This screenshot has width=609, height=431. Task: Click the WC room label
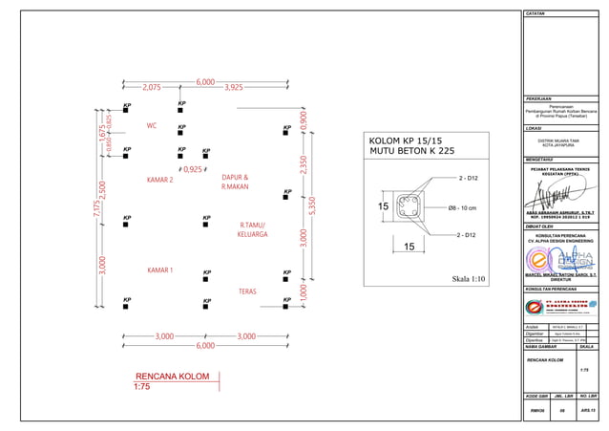(152, 126)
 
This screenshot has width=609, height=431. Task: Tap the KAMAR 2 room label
(159, 180)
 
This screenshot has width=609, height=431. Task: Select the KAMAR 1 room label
(159, 270)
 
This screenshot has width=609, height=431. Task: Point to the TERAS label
(247, 290)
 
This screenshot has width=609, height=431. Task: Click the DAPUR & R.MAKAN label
(235, 183)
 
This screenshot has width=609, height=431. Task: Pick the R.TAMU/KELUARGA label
(253, 229)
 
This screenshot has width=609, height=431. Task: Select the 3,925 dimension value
(234, 87)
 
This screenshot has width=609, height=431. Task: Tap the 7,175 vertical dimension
(96, 211)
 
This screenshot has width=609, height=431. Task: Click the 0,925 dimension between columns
(192, 169)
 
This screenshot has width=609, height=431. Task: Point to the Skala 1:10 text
(468, 279)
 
